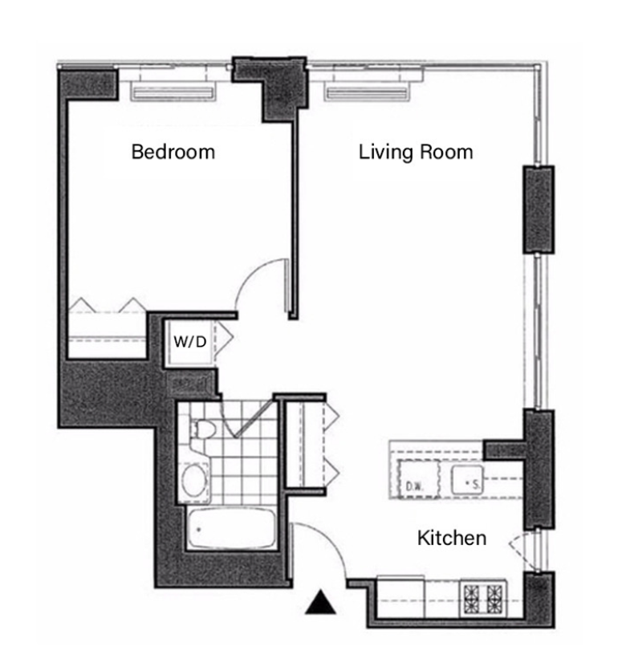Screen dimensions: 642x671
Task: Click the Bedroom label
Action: (x=173, y=152)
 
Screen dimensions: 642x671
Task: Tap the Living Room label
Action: (x=416, y=152)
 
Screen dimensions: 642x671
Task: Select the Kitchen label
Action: (x=452, y=538)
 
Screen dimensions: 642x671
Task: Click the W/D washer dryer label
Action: (x=190, y=341)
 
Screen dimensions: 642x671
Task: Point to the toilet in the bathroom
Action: (x=202, y=429)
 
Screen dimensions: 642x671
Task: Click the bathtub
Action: (x=231, y=528)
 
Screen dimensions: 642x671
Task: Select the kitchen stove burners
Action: (x=483, y=598)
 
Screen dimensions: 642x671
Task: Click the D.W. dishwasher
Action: (x=418, y=478)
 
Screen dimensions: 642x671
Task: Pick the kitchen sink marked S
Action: (x=467, y=479)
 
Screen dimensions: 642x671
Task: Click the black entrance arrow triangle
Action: (x=320, y=603)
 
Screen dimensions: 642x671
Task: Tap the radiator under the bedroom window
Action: (x=173, y=92)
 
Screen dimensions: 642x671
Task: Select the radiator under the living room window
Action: (x=367, y=92)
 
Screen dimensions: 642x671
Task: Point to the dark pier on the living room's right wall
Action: (x=538, y=209)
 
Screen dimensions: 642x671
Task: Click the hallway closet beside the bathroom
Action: (x=306, y=444)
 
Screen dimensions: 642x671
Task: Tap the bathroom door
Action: (x=254, y=417)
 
